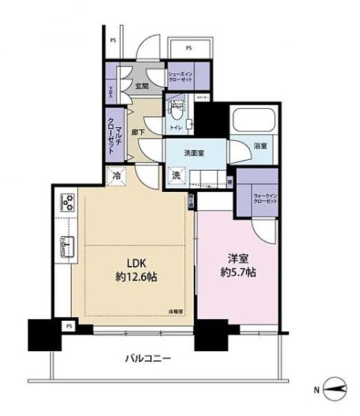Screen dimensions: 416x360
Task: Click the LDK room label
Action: pos(127,261)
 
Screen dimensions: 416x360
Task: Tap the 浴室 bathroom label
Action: pos(259,147)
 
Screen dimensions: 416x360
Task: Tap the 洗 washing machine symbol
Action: pos(175,174)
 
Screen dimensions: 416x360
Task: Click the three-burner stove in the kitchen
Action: pos(65,203)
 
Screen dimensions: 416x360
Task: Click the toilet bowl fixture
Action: pos(176,108)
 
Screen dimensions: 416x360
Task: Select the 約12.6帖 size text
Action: pos(127,274)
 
